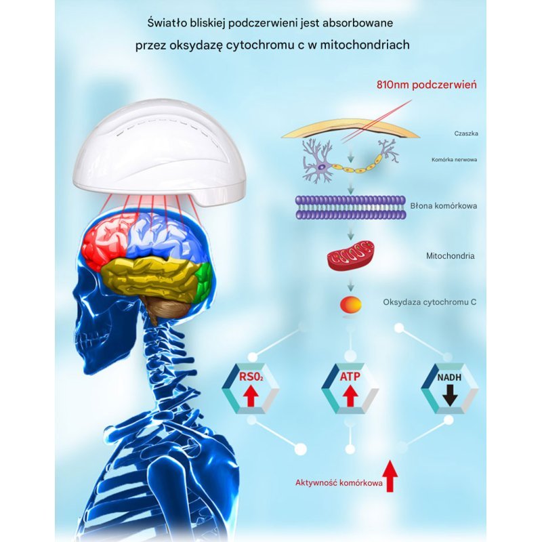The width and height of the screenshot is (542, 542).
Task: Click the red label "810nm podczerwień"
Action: coord(427,85)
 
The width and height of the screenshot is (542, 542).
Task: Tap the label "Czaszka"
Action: coord(466,133)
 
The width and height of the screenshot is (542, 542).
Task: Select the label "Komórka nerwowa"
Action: coord(454,160)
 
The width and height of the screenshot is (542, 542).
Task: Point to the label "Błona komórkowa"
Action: coord(444,206)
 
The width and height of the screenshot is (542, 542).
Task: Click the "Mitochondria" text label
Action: coord(450,256)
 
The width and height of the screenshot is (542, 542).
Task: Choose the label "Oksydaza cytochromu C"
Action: coord(430,302)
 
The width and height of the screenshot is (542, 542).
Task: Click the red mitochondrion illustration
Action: coord(350,255)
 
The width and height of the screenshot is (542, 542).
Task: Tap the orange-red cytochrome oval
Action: coord(351,304)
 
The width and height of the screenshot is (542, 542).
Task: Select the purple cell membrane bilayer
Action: coord(350,207)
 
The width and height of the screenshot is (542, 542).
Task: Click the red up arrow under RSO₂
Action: coord(251,396)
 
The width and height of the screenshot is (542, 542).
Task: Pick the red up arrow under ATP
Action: coord(350,396)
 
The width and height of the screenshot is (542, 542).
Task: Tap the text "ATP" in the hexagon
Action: coord(350,377)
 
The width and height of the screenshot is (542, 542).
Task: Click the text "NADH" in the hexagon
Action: coord(449,377)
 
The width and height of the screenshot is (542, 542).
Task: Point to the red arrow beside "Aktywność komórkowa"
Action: coord(390,476)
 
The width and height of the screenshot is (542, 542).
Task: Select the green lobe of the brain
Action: coord(203,280)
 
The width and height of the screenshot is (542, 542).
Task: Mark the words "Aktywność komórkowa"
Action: coord(339,483)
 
